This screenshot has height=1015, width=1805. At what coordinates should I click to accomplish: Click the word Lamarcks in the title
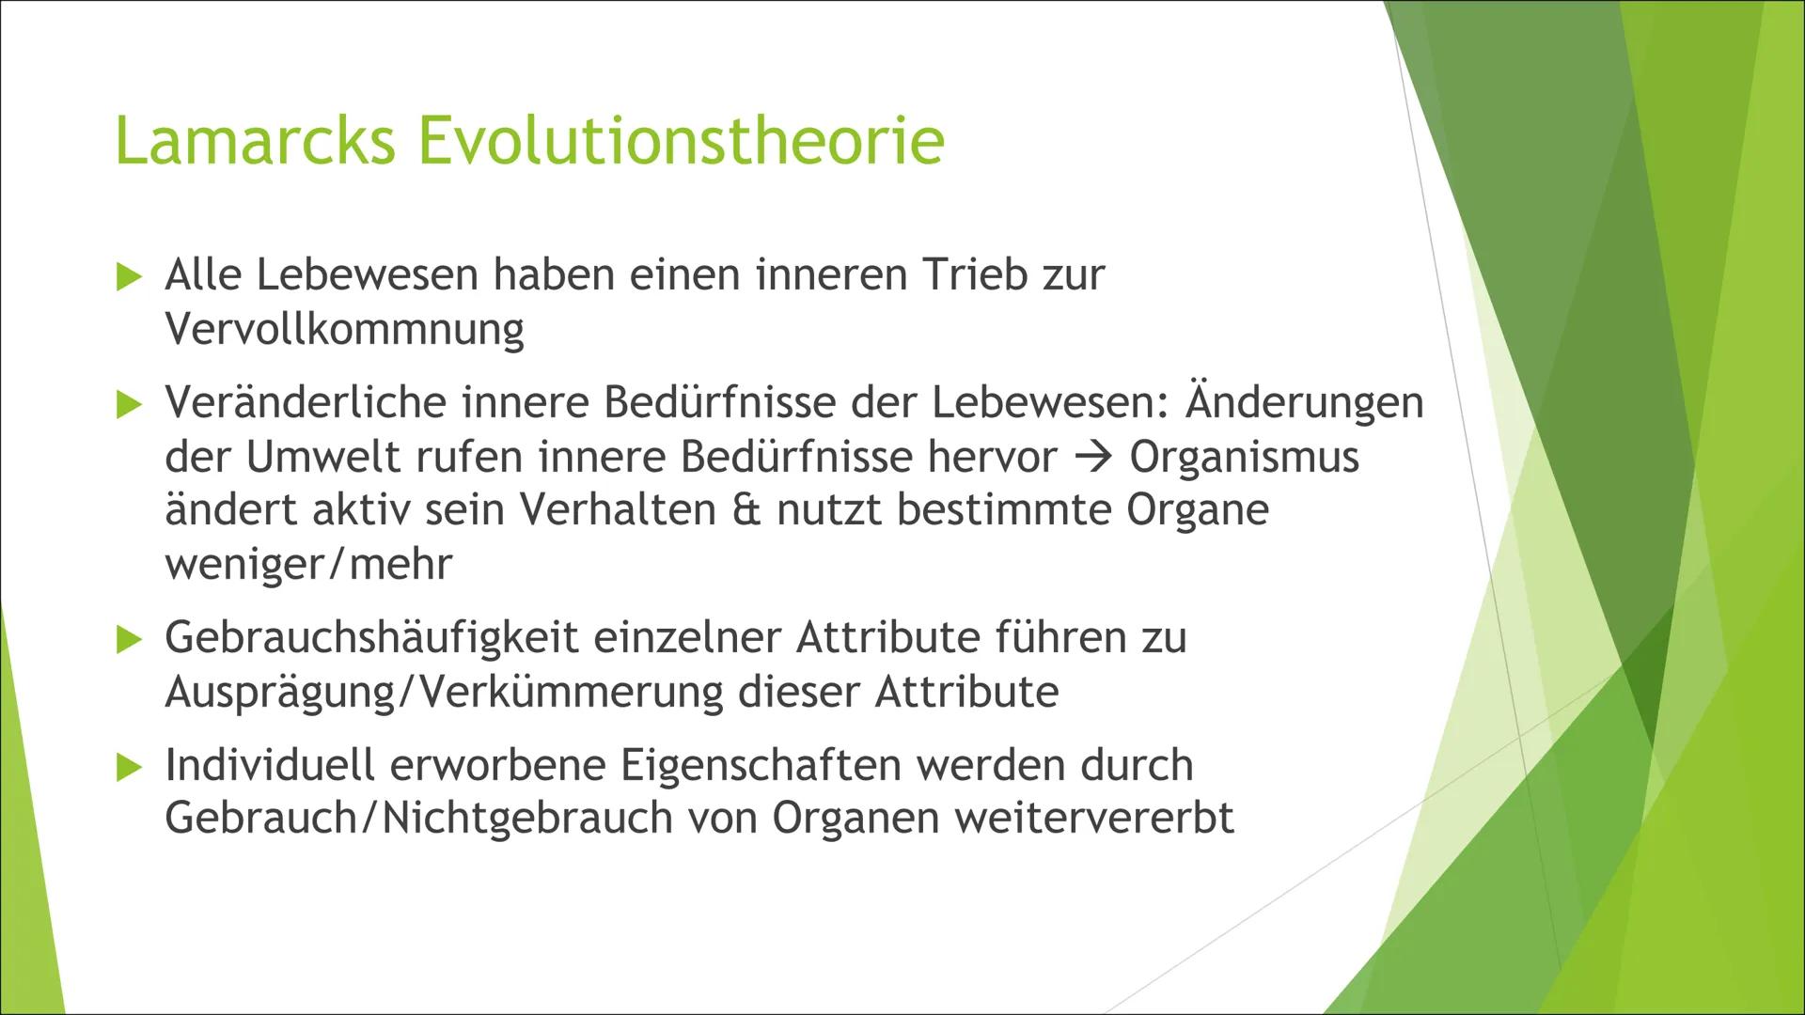255,141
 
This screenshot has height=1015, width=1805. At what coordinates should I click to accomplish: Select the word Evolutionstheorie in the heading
681,141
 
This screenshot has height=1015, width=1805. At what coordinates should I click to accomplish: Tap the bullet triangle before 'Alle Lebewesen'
128,277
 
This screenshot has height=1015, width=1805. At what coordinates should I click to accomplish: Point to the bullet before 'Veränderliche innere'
128,405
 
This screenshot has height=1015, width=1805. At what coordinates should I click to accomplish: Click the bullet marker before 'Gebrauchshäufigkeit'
128,640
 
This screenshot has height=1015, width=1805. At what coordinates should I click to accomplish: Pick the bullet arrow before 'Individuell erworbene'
128,767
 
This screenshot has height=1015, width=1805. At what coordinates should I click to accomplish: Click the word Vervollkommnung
344,330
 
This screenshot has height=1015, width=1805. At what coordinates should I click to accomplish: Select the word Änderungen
1305,403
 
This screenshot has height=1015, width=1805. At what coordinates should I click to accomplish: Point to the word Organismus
1245,458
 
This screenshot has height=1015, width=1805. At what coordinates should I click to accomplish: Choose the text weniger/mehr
308,564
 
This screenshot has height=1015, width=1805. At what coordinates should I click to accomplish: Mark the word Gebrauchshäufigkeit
371,638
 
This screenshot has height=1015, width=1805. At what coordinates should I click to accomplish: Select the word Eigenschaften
760,765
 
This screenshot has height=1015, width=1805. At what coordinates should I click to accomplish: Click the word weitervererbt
1094,818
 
